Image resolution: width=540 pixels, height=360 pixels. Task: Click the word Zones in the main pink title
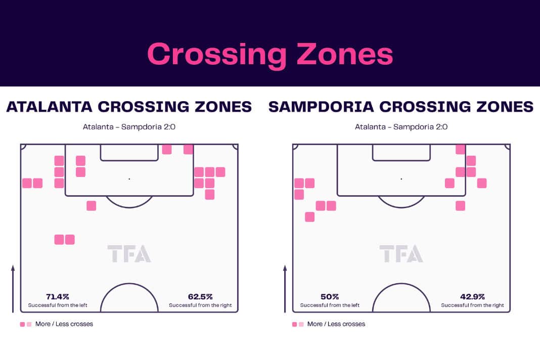pos(345,54)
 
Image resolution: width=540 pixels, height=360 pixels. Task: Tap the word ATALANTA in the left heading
pos(49,107)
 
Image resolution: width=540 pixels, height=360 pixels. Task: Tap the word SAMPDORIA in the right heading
pos(321,107)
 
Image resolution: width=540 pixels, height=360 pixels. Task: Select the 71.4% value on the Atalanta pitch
pos(58,297)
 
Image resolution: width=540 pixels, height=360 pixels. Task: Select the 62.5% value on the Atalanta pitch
pos(200,297)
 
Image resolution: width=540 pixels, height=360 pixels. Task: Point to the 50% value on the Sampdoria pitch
pos(330,297)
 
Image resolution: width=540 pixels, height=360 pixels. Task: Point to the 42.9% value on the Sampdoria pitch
pos(472,297)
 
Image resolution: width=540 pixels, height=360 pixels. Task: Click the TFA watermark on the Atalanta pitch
pos(129,253)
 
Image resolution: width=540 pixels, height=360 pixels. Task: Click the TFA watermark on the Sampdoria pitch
pos(401,253)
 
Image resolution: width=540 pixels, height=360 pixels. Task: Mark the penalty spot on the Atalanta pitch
pos(129,179)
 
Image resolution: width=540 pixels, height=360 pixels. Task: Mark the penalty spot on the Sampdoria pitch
pos(401,179)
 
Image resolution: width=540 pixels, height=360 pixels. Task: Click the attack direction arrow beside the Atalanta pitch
pos(13,289)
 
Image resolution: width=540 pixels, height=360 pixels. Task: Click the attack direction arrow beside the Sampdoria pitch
pos(285,289)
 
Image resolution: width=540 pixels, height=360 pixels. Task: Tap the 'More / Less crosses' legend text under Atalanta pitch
pos(64,324)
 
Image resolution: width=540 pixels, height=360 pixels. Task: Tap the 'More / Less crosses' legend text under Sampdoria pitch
pos(336,324)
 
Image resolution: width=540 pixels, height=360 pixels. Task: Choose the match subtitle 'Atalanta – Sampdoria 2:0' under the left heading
pos(129,127)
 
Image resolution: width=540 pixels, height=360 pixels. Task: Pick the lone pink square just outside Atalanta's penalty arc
pos(91,206)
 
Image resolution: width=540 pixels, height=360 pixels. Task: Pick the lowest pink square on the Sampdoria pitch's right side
pos(461,206)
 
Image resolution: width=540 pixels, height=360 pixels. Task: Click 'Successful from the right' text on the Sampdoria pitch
pos(472,305)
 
